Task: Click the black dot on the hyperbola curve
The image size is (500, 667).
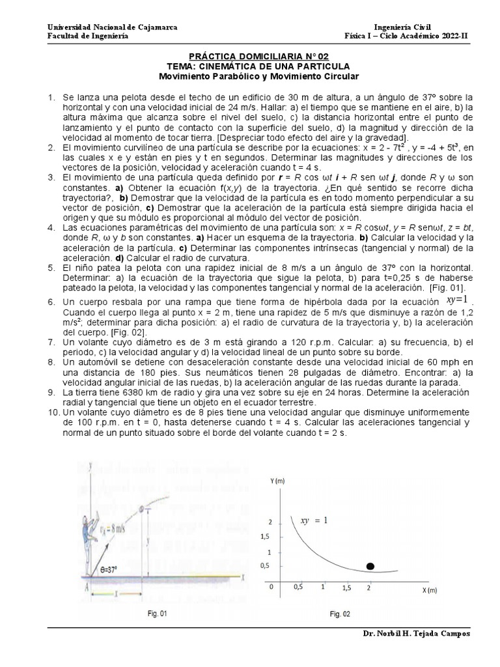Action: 371,566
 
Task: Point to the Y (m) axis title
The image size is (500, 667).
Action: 277,481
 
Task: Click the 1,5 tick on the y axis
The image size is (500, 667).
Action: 264,535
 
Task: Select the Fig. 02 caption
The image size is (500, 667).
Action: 339,614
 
